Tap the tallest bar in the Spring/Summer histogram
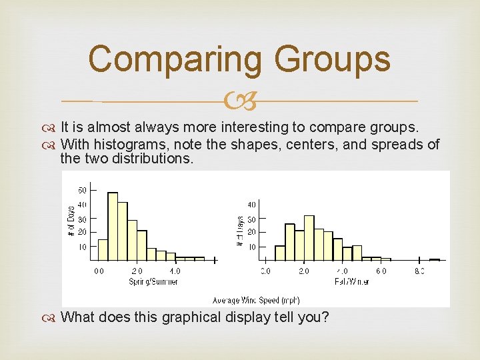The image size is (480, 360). click(113, 227)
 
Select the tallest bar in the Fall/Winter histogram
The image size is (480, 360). click(309, 238)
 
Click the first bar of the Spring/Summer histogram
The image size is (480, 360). click(103, 249)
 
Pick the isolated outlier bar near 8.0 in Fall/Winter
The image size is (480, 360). click(435, 259)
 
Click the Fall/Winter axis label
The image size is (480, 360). click(351, 282)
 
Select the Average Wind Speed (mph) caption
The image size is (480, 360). click(256, 301)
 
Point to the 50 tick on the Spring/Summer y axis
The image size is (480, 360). click(83, 190)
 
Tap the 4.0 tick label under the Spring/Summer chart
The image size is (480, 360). click(175, 271)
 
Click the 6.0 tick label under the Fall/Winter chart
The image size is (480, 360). click(381, 271)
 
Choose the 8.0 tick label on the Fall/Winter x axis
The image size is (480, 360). click(419, 271)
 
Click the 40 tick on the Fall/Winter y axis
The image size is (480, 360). click(251, 205)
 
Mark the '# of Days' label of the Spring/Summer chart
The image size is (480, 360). click(71, 221)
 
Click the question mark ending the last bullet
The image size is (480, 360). click(325, 317)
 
